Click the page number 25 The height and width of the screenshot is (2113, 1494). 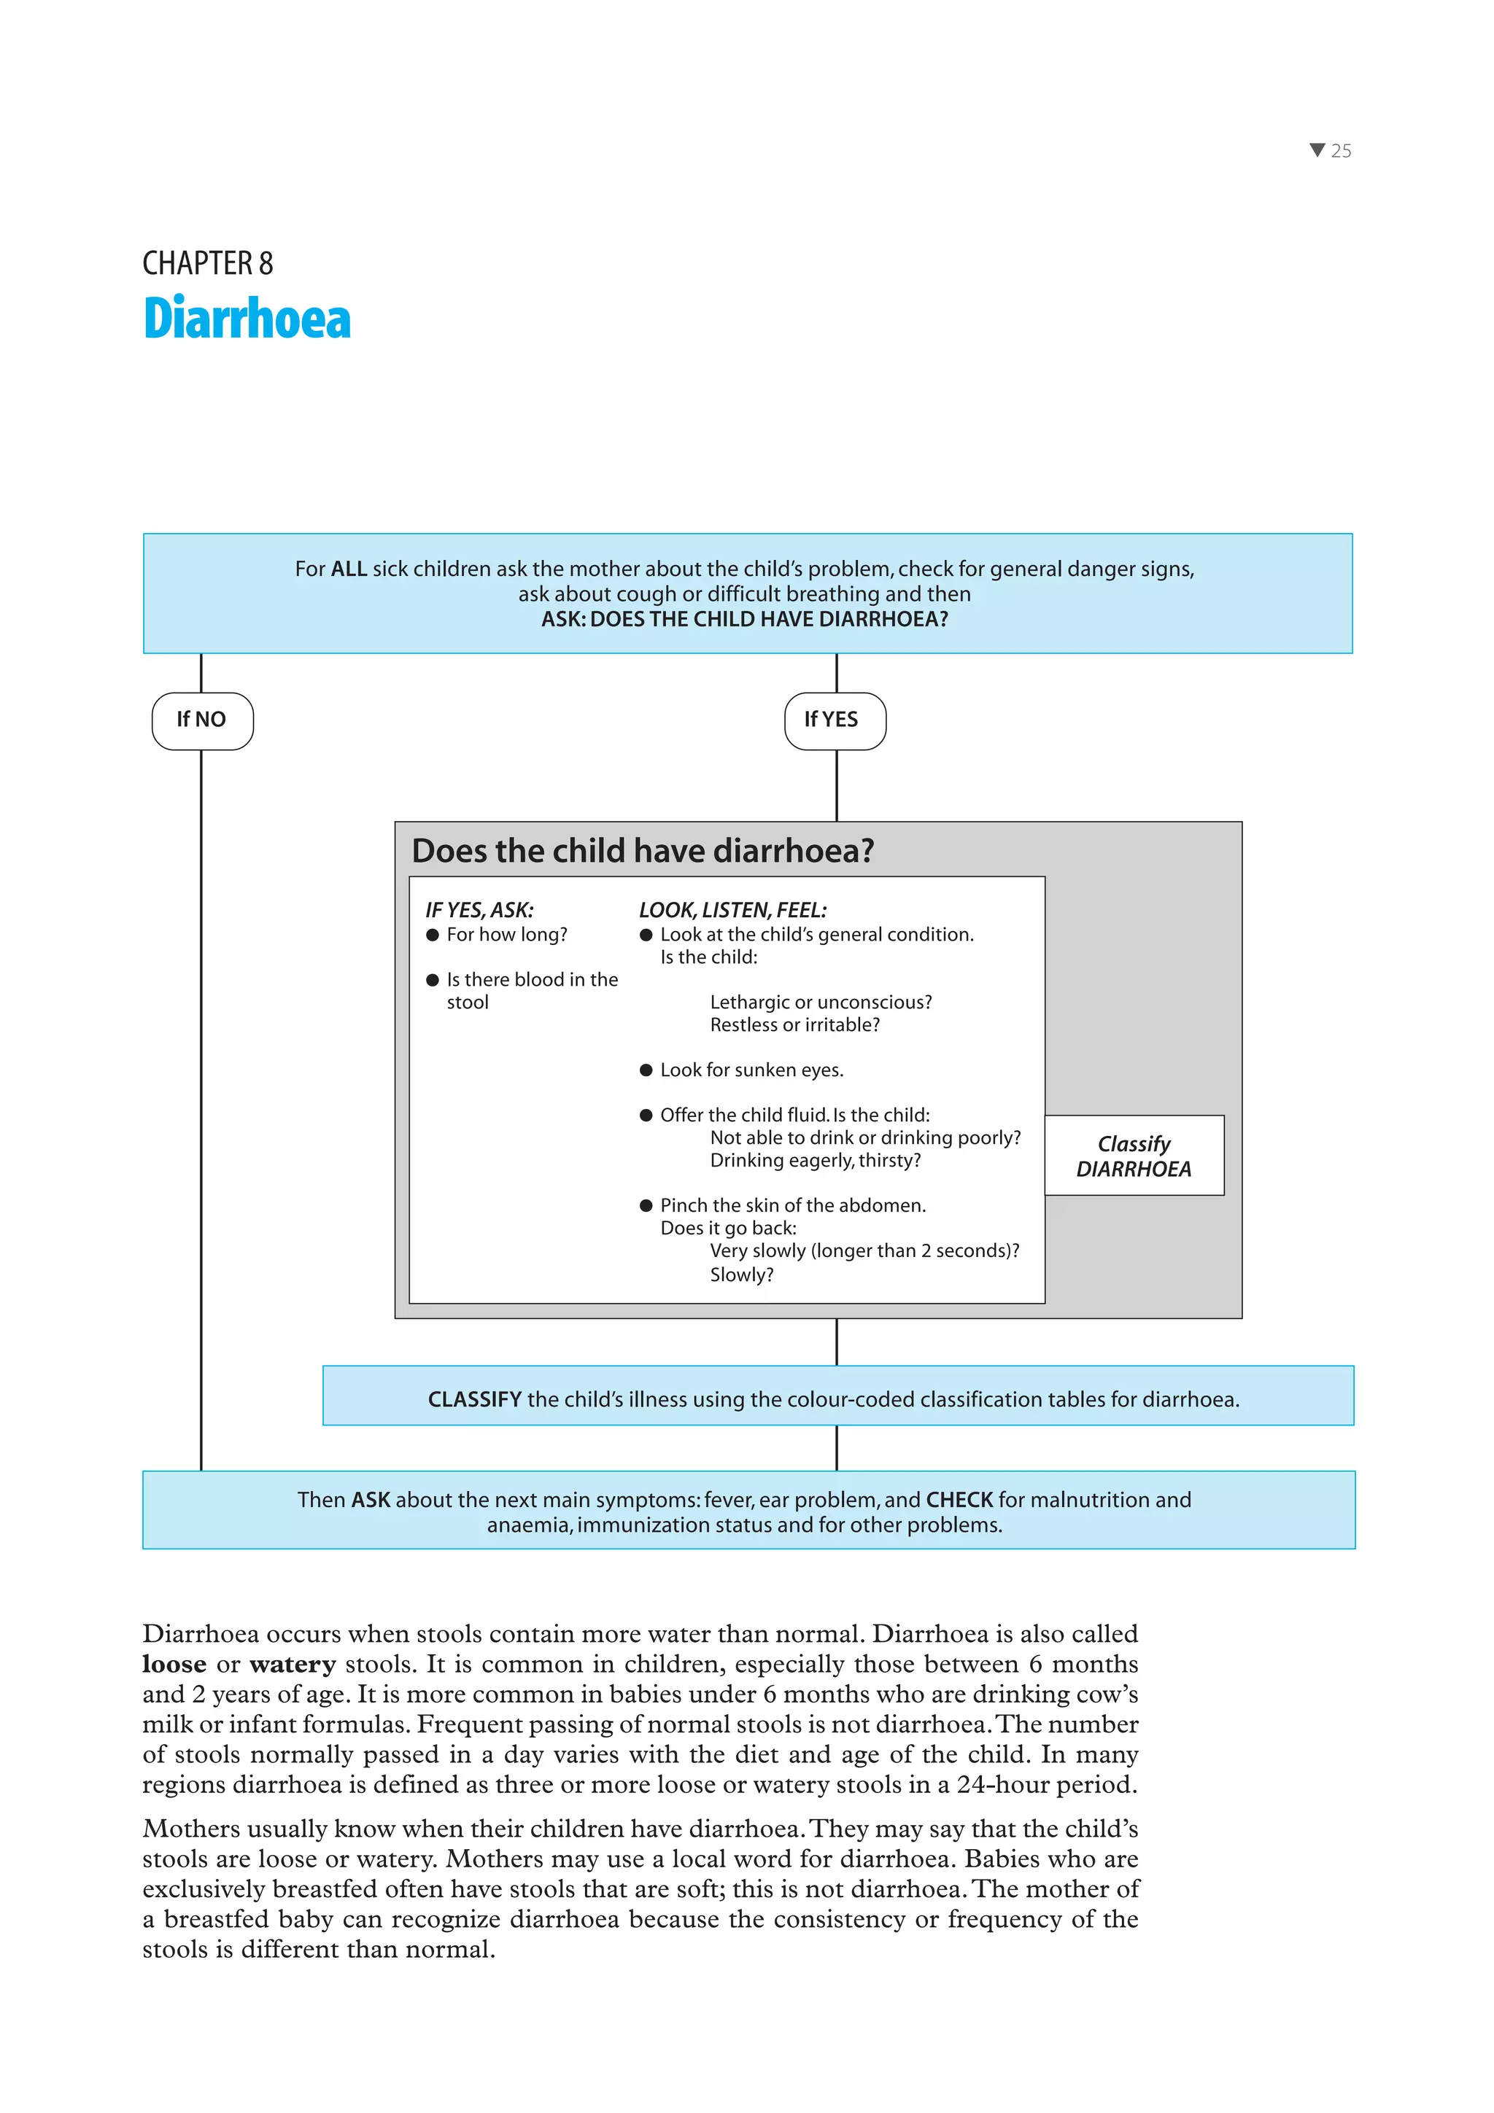[x=1342, y=151]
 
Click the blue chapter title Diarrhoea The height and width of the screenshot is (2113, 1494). [x=247, y=319]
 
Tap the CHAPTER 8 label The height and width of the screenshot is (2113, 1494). [x=207, y=263]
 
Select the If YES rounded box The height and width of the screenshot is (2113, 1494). [x=835, y=720]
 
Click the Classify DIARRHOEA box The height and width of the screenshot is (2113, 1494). [x=1134, y=1156]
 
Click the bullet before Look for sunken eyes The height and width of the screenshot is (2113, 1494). [x=646, y=1070]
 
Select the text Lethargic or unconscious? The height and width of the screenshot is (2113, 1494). [x=820, y=1003]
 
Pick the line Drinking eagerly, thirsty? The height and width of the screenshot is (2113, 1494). [x=815, y=1161]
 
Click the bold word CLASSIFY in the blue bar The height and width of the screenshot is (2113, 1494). [x=474, y=1400]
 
